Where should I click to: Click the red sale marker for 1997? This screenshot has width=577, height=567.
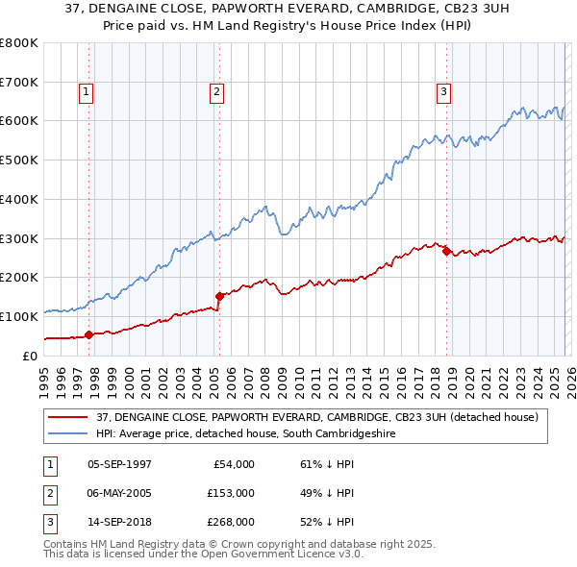coord(89,334)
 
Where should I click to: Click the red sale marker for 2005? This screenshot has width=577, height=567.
coord(219,295)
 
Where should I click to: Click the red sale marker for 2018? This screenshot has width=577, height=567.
coord(447,251)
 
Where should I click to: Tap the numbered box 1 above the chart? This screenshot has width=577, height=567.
coord(86,92)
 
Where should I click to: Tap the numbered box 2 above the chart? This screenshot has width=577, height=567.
coord(215,92)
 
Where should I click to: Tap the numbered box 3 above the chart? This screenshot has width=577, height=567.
coord(443,92)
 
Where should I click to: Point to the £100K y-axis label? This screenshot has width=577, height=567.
coord(20,316)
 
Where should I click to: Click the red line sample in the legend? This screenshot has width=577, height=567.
coord(68,417)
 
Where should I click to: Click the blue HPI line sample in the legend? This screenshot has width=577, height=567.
coord(68,434)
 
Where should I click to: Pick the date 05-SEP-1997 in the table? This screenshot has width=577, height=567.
coord(119,464)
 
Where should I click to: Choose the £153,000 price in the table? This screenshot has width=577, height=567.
coord(230,493)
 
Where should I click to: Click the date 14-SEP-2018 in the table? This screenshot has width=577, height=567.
coord(119,522)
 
